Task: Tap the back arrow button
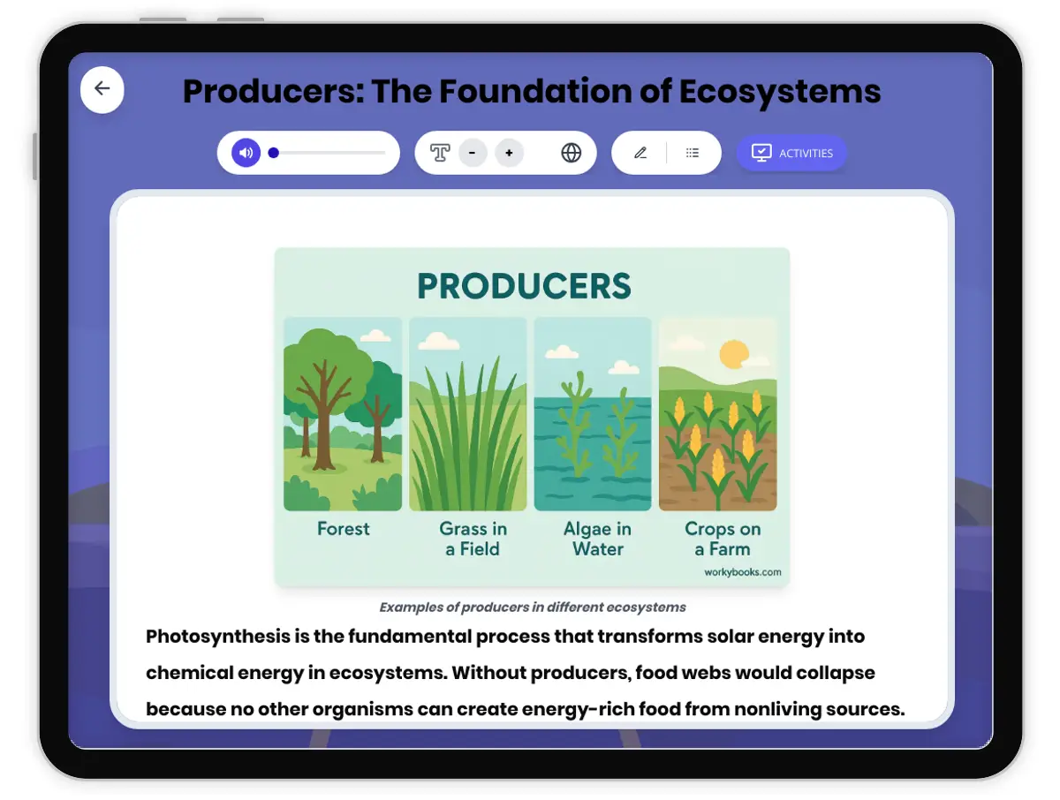point(102,89)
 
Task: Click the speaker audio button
point(246,153)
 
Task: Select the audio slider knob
point(273,153)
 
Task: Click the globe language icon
point(571,153)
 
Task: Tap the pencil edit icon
point(640,153)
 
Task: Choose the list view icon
point(692,153)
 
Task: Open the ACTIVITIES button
point(791,153)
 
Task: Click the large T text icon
point(440,153)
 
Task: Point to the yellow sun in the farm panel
point(733,354)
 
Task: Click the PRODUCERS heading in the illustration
point(524,286)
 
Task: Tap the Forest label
point(344,529)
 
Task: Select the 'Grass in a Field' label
point(473,539)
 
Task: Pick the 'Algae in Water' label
point(597,539)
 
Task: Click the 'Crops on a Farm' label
point(723,539)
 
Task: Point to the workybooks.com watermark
point(742,572)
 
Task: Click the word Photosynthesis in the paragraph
point(218,637)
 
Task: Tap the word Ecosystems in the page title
point(780,91)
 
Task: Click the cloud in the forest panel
point(375,336)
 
